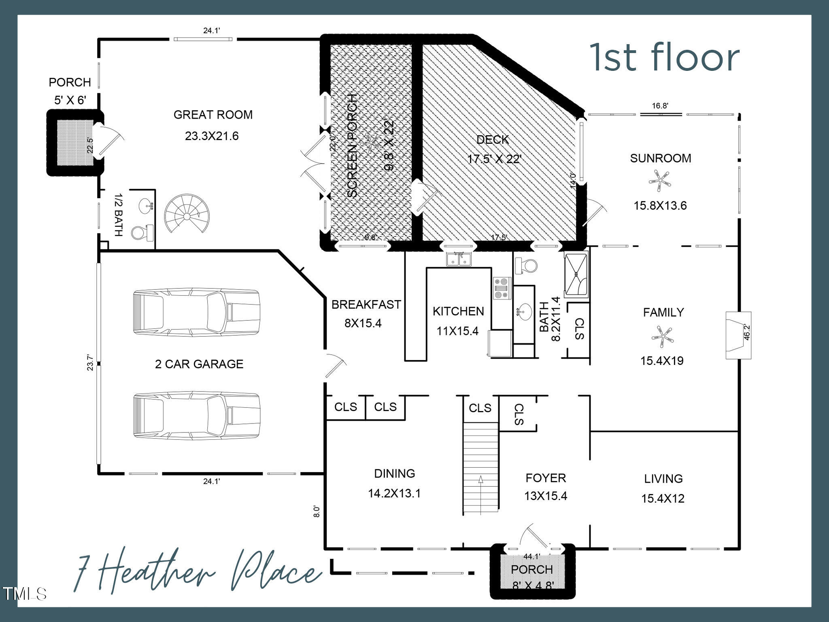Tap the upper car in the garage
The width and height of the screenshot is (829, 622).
(x=196, y=312)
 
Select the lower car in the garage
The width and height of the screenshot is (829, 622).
(x=196, y=416)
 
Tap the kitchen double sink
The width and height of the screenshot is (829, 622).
(x=459, y=259)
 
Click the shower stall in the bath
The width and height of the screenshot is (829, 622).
(x=576, y=275)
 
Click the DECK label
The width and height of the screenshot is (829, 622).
(x=492, y=140)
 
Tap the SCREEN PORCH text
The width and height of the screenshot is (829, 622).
(x=353, y=146)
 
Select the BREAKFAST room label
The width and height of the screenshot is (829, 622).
(x=366, y=305)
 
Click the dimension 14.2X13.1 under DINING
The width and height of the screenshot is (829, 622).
(x=394, y=493)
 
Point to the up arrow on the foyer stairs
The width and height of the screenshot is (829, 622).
(x=480, y=479)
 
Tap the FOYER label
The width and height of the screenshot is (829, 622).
(x=545, y=478)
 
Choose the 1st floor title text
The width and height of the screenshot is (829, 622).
(x=664, y=58)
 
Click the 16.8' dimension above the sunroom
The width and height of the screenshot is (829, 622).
(x=660, y=106)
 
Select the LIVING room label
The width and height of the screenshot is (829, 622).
(x=663, y=479)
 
